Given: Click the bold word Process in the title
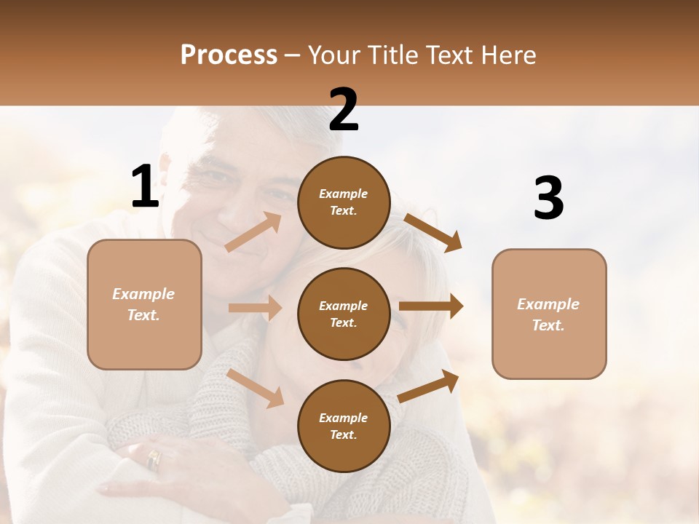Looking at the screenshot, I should point(229,55).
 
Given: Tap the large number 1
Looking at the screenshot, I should point(145,186).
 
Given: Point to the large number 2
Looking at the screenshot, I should point(344,109).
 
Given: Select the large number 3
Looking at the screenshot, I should point(548,198).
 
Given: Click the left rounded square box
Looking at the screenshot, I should point(144,304).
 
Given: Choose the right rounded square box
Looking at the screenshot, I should point(549,314).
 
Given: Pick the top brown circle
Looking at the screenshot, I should point(344,202).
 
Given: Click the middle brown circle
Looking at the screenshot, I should point(344,314).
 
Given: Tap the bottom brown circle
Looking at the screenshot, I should point(344,426).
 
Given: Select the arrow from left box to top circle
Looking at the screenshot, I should point(253,232).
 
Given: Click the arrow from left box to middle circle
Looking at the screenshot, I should point(255,308).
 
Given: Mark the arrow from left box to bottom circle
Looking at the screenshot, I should point(255,388).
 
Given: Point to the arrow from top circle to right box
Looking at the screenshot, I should point(433,232).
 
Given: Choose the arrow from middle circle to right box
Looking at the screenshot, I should point(430,306).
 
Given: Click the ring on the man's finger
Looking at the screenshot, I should point(154,459).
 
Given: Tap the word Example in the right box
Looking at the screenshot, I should point(548,304).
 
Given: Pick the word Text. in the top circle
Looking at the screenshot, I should point(344,211).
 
